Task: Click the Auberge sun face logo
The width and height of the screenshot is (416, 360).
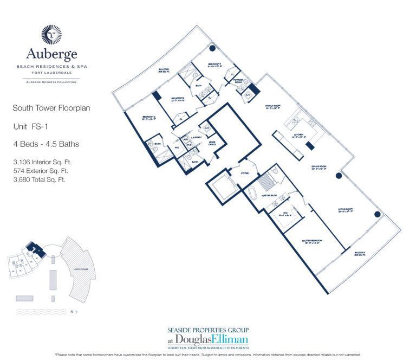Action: point(51,34)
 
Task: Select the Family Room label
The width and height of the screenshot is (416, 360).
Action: point(273,106)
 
